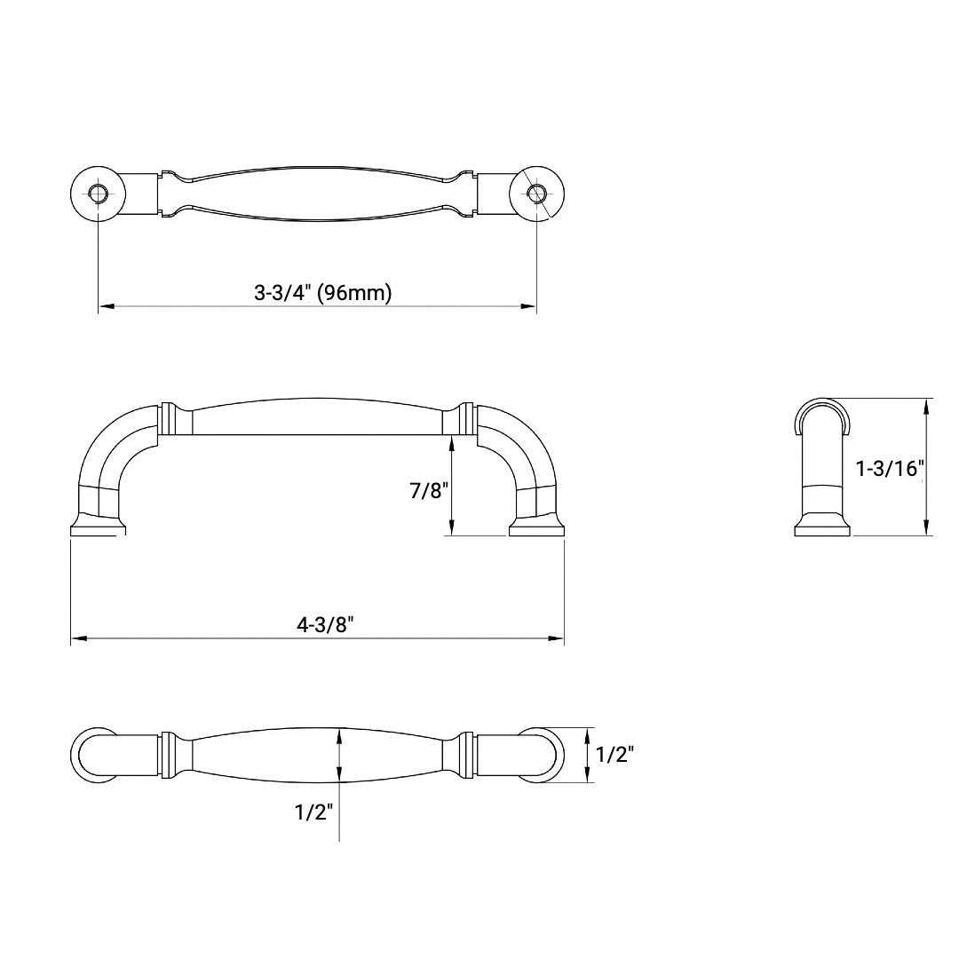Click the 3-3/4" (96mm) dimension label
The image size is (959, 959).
tap(322, 293)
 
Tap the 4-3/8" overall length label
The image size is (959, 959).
tap(326, 624)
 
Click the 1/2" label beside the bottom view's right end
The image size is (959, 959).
tap(614, 755)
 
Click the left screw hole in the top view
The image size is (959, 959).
tap(98, 193)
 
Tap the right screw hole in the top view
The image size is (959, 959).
tap(536, 193)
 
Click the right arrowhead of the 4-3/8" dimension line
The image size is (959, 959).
tap(557, 638)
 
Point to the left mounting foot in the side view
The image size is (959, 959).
tap(97, 528)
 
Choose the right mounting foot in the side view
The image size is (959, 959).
tap(536, 528)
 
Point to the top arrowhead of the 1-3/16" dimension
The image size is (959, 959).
tap(927, 406)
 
